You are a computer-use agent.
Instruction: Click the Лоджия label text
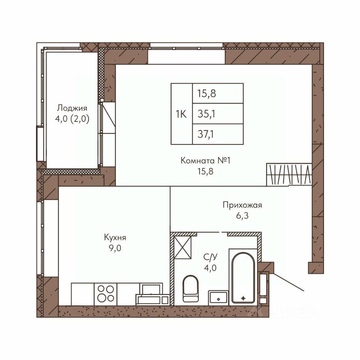tap(72, 108)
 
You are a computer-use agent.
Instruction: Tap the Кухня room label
tap(115, 237)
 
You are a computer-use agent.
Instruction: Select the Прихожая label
tap(242, 205)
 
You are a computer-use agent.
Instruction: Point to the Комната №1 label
tap(205, 160)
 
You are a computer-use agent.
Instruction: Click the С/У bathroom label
tap(210, 257)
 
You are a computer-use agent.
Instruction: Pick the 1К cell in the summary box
tap(181, 114)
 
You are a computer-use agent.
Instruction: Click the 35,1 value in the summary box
tap(206, 114)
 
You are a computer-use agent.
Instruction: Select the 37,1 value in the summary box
tap(206, 134)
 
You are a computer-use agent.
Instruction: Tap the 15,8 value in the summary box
tap(207, 94)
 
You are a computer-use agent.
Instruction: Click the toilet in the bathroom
tap(190, 289)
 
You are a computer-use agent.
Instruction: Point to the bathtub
tap(243, 277)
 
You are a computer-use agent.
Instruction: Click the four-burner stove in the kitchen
tap(106, 294)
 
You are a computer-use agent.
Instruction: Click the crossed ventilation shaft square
tap(183, 247)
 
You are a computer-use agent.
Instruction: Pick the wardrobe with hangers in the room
tap(289, 174)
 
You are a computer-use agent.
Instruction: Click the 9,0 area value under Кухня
tap(115, 248)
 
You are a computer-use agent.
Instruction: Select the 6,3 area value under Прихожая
tap(242, 216)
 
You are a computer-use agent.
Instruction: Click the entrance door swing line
tap(289, 282)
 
